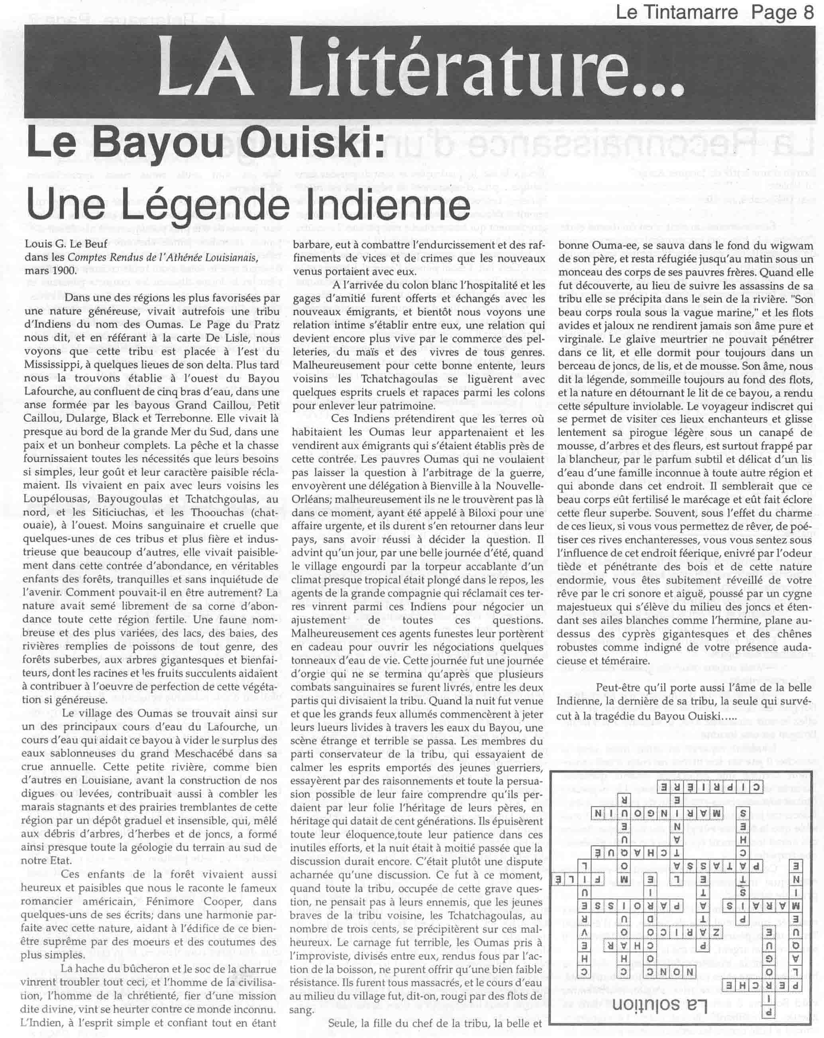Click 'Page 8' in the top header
click(x=782, y=12)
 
